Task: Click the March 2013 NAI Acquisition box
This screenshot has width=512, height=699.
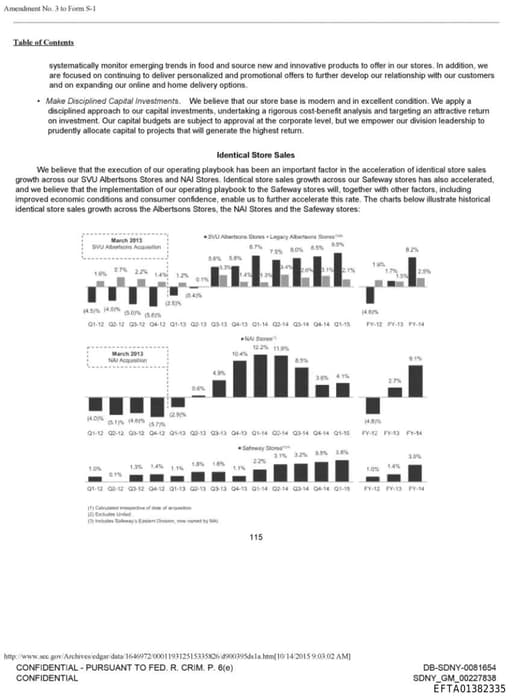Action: click(125, 359)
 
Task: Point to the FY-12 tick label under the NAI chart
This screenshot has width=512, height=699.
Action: click(372, 432)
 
